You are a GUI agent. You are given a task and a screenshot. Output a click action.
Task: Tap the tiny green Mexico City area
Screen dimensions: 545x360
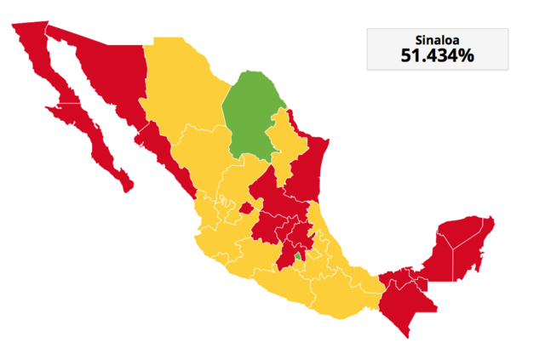point(298,254)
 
